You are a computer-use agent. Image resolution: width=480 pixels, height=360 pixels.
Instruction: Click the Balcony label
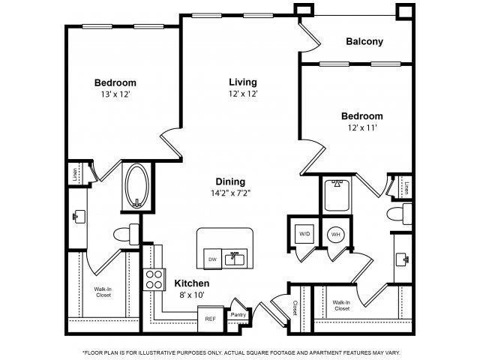point(364,42)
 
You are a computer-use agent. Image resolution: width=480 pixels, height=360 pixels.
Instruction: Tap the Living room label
point(243,82)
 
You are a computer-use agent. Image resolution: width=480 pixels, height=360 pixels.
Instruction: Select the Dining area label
point(230,181)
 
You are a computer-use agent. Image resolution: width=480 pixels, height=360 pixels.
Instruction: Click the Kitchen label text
point(192,283)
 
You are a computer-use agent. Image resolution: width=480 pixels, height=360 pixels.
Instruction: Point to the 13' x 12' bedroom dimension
point(115,95)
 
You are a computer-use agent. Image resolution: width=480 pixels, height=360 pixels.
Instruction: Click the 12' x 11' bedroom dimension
point(361,129)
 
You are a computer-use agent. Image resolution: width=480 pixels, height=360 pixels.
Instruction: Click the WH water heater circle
point(334,233)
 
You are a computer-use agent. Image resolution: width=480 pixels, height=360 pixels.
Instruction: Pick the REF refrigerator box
point(211,317)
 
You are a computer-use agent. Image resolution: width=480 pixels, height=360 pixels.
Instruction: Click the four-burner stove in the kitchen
point(154,279)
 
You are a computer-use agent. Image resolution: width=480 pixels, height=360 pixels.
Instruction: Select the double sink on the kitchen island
point(238,259)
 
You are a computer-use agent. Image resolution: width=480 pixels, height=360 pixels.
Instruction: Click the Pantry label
point(238,315)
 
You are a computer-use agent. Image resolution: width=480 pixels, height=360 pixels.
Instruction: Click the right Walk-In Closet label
point(340,305)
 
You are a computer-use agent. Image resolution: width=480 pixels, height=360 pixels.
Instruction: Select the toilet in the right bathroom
point(397,216)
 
